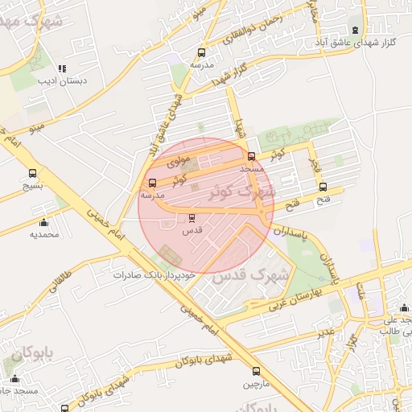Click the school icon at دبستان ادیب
click(x=63, y=68)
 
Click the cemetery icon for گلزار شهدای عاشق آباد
click(x=356, y=30)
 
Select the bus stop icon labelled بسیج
click(x=33, y=173)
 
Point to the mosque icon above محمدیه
click(x=43, y=223)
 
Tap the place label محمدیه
click(x=45, y=235)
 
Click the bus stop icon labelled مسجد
click(x=252, y=157)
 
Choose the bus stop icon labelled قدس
click(x=192, y=218)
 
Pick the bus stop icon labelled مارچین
click(x=256, y=371)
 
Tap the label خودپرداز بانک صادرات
click(x=154, y=274)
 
